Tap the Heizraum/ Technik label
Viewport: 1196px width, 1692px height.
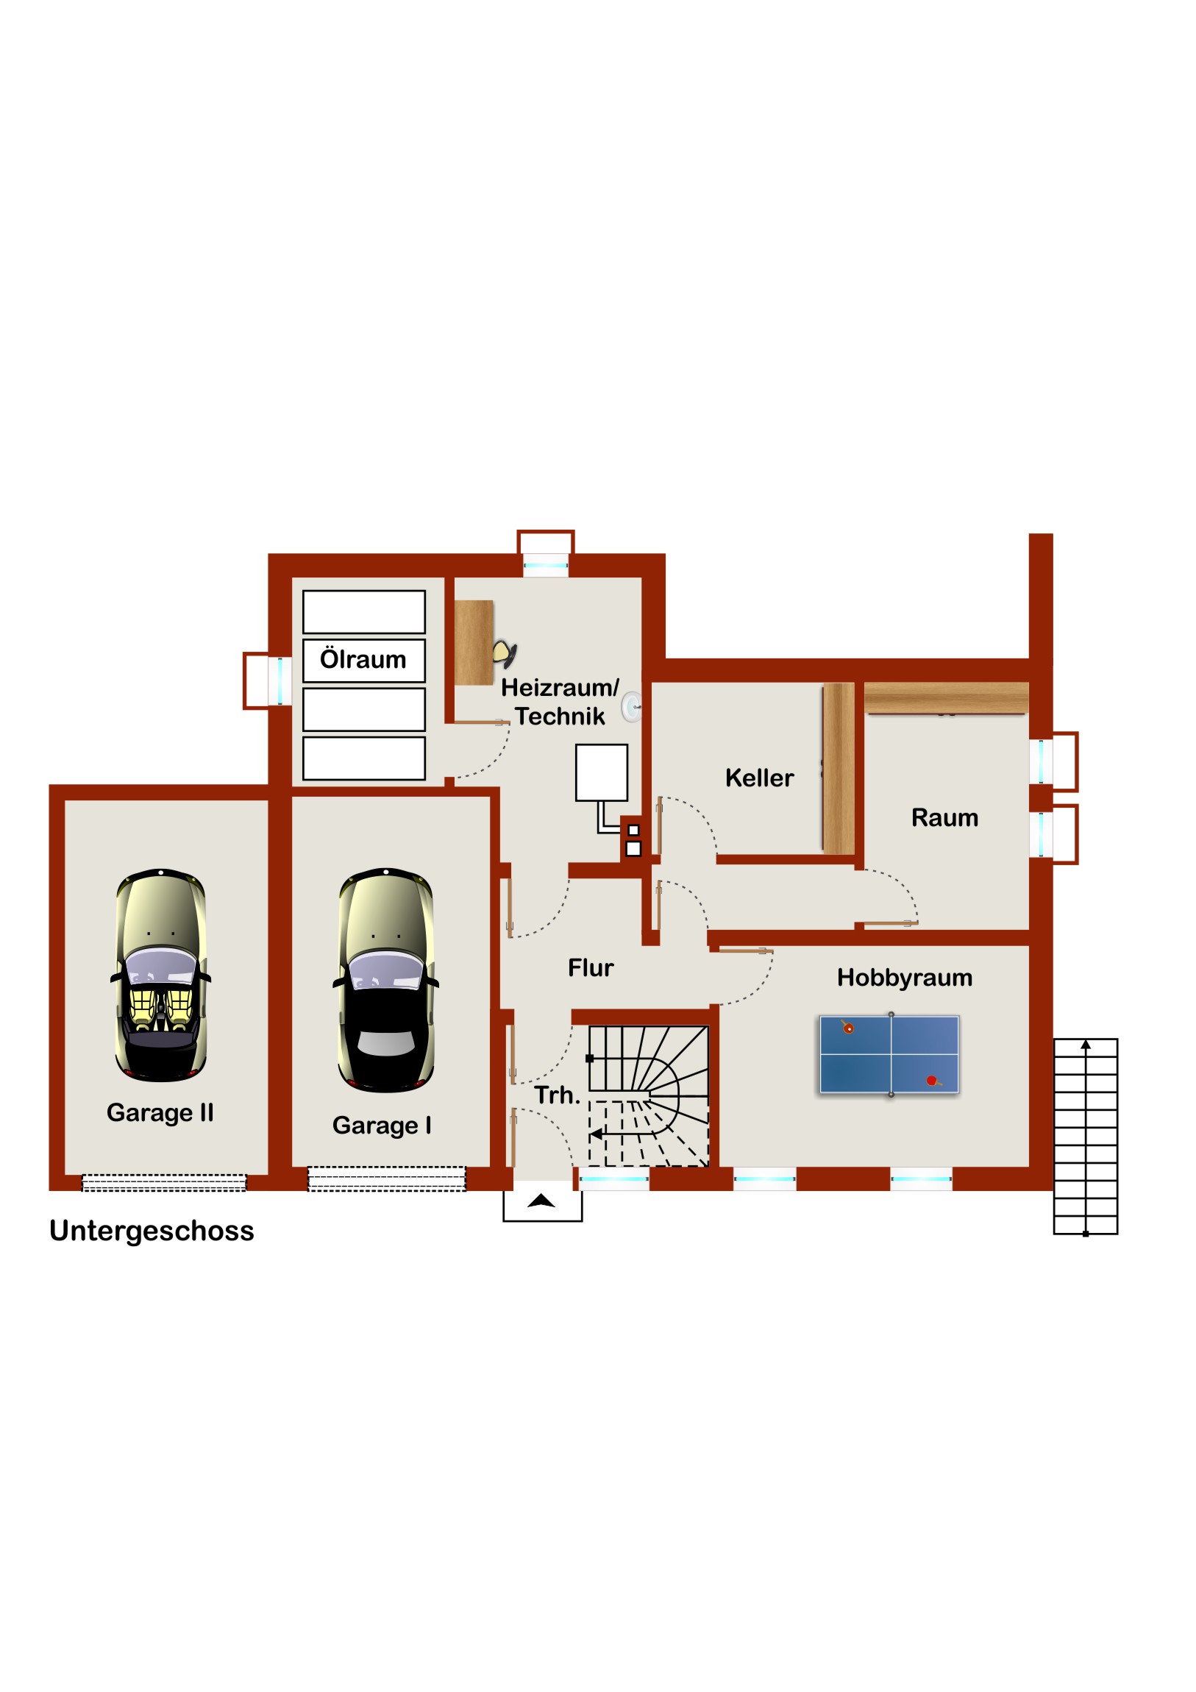click(x=560, y=702)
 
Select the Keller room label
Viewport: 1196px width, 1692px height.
click(x=759, y=778)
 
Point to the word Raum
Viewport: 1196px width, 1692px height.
click(x=944, y=817)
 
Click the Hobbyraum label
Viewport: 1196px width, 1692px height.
click(x=904, y=977)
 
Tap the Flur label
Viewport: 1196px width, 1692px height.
click(x=590, y=967)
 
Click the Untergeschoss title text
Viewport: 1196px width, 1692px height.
click(x=152, y=1231)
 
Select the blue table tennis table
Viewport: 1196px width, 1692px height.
click(x=889, y=1054)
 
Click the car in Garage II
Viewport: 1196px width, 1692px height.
click(x=160, y=975)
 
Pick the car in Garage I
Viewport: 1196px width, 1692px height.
click(x=385, y=979)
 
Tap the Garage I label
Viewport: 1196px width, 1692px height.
click(x=382, y=1126)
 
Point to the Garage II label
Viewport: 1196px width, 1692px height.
click(x=160, y=1113)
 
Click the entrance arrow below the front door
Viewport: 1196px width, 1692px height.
click(x=541, y=1201)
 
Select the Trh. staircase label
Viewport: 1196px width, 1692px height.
click(x=557, y=1095)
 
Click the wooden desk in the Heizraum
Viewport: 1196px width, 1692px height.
click(x=474, y=643)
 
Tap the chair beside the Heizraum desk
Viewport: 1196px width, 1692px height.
click(x=505, y=653)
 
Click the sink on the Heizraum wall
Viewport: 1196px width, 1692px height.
click(x=632, y=707)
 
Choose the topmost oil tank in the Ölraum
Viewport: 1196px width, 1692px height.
click(x=364, y=611)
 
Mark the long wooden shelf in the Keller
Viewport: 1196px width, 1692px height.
click(x=839, y=769)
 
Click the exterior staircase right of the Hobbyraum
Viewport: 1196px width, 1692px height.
click(x=1086, y=1136)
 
